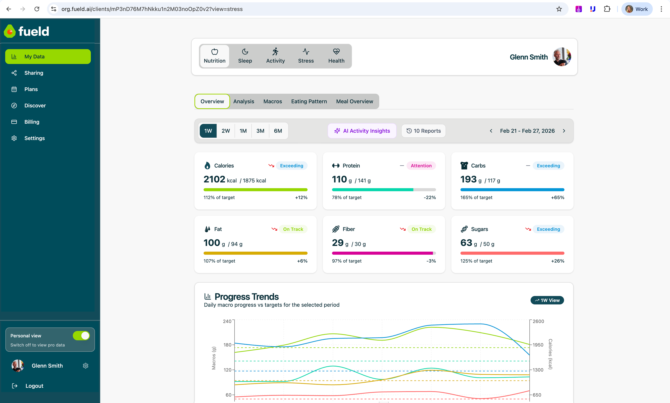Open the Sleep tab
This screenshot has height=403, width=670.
point(245,56)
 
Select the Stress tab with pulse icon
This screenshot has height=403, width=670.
point(306,56)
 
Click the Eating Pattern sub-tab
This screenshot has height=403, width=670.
point(309,101)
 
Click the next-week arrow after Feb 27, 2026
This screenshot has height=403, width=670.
point(564,131)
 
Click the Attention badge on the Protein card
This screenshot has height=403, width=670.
point(421,166)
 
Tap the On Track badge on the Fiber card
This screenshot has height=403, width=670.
point(421,229)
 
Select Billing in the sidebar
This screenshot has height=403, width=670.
point(32,122)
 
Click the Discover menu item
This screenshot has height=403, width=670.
point(35,106)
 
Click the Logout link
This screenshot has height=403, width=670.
point(34,386)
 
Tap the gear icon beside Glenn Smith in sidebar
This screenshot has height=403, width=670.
point(85,366)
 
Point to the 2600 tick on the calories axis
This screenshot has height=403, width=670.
point(538,321)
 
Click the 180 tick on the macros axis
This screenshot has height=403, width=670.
point(227,345)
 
